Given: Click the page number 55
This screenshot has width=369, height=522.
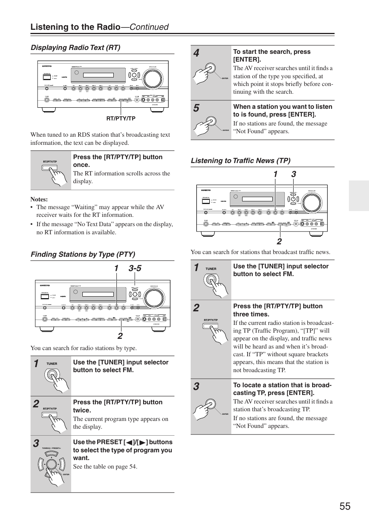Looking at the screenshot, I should point(345,506).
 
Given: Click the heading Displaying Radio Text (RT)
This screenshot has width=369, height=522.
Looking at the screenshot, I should point(75,48).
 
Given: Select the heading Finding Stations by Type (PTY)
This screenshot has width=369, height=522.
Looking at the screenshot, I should point(83,254).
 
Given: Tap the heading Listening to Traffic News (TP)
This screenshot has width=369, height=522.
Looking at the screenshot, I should point(240,161).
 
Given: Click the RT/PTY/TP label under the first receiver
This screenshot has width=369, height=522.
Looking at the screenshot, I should point(121,118).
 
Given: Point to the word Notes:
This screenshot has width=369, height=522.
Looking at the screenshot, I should point(39,199).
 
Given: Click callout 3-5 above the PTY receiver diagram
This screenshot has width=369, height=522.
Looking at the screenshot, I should point(135,268).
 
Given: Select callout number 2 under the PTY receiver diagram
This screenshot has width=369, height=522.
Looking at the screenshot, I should point(120,336).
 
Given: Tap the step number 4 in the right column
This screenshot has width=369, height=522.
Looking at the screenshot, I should point(196,53).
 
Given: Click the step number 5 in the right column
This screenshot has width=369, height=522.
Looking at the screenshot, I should point(196,108).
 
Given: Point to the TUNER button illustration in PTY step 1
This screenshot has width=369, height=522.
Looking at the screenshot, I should point(51,375).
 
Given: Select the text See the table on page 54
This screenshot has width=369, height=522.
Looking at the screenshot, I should point(105,467).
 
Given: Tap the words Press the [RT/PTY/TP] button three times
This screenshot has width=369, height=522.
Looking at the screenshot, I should point(278,310).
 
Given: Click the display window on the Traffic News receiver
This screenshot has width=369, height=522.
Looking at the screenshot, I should point(252,200).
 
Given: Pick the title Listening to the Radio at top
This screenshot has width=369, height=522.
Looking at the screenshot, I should point(75,27).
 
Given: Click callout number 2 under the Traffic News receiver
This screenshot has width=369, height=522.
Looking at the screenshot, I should point(279,242).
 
